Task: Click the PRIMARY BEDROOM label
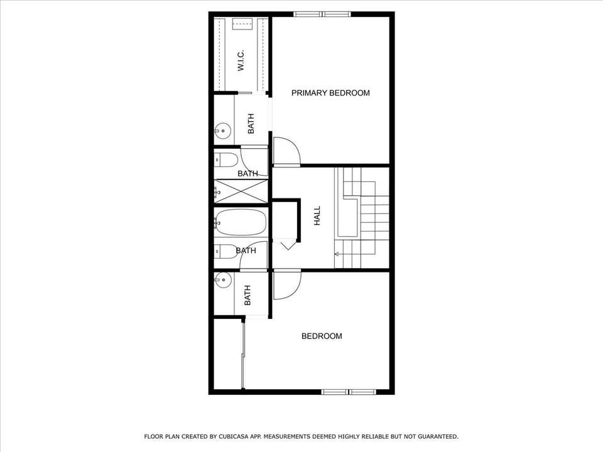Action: [330, 93]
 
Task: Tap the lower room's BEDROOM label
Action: [322, 336]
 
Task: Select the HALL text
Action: [317, 216]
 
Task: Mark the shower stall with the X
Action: [242, 191]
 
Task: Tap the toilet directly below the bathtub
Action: [225, 250]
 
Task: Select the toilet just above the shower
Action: [226, 159]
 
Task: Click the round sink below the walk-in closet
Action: [221, 132]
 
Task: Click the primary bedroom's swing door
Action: [286, 153]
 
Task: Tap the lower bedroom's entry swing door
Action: [286, 284]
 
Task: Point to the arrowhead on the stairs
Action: [337, 254]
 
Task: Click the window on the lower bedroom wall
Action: [349, 392]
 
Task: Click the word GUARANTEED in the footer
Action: [435, 436]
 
